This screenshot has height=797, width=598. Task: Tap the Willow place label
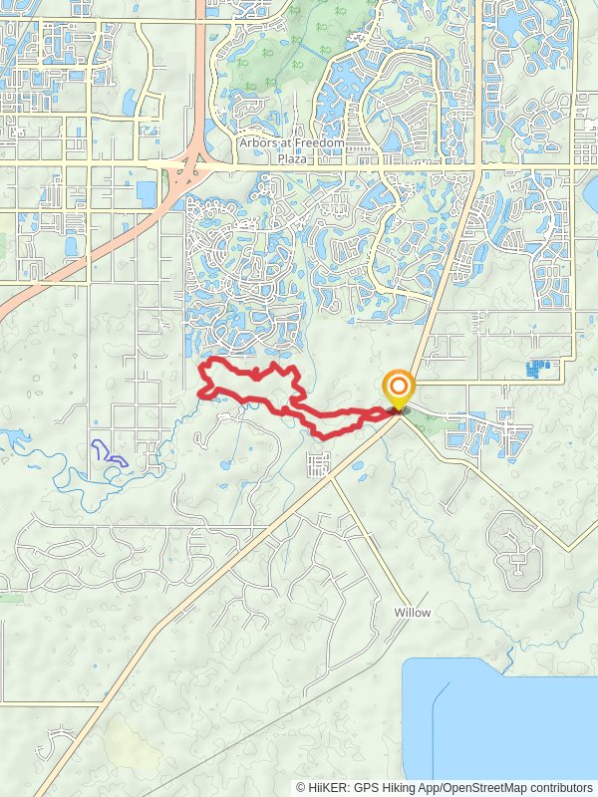pyautogui.click(x=412, y=613)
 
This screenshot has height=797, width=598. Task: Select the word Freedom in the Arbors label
pyautogui.click(x=318, y=143)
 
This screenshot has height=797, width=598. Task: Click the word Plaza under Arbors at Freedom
pyautogui.click(x=292, y=158)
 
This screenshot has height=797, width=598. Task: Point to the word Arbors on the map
pyautogui.click(x=259, y=143)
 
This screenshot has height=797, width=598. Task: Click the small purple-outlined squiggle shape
pyautogui.click(x=109, y=453)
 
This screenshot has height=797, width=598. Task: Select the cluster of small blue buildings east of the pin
pyautogui.click(x=538, y=369)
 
